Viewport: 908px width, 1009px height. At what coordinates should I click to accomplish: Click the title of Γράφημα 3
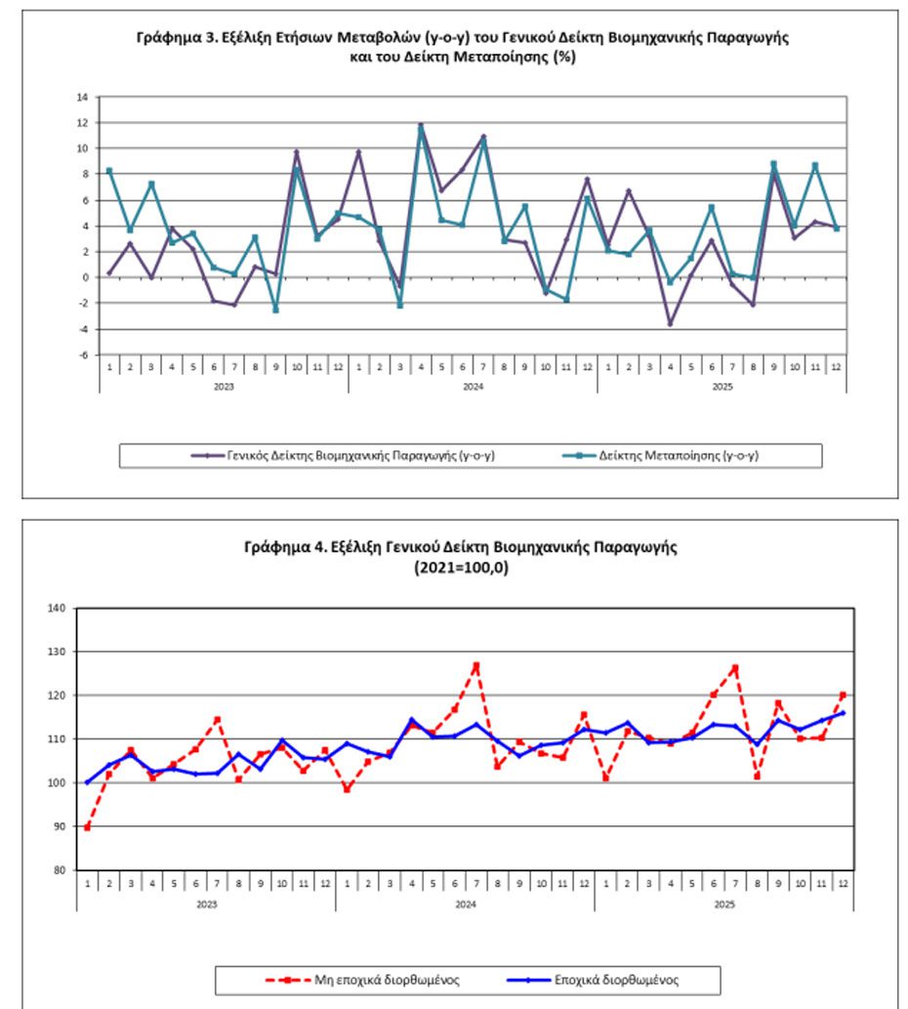click(x=461, y=47)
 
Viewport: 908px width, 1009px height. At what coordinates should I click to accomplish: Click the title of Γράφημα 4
click(x=461, y=556)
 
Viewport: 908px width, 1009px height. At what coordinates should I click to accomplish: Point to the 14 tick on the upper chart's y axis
click(x=82, y=97)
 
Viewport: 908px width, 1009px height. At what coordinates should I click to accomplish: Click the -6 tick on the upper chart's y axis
click(x=82, y=355)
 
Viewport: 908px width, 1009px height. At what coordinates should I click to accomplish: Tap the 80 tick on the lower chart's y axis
click(x=60, y=870)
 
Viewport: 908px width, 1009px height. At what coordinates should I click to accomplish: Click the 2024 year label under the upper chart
click(x=473, y=386)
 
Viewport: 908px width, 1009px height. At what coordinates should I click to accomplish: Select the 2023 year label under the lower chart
click(x=206, y=904)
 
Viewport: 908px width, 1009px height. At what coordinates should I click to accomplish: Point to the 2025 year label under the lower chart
click(x=723, y=904)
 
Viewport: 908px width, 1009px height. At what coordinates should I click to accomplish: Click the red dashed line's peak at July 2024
click(x=475, y=666)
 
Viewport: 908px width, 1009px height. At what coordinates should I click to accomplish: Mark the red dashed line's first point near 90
click(x=88, y=827)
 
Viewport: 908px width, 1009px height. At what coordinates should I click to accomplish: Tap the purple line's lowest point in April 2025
click(x=670, y=323)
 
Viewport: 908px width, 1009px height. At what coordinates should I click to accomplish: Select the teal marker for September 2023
click(x=275, y=310)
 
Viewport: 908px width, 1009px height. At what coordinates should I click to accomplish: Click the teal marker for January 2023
click(x=109, y=171)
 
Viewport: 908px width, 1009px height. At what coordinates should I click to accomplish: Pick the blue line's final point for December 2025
click(x=843, y=713)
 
